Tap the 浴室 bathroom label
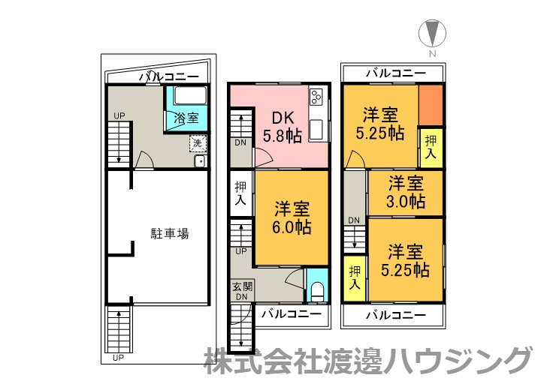tap(186, 118)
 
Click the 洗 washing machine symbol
tap(197, 142)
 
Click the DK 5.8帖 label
tap(283, 127)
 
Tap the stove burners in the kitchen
tap(316, 97)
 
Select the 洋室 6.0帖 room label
tap(292, 217)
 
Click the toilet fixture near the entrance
tap(316, 289)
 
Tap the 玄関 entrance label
tap(240, 286)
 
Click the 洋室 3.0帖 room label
tap(406, 192)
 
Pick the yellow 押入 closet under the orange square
tap(431, 147)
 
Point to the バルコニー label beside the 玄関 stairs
tap(291, 313)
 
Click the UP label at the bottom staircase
tap(117, 358)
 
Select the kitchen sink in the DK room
tap(316, 128)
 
